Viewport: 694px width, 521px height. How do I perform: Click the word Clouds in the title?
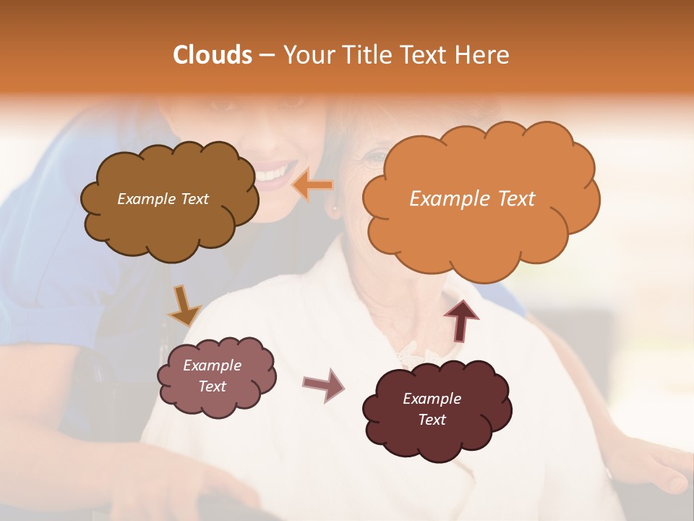point(213,55)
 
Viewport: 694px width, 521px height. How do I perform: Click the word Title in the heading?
point(364,55)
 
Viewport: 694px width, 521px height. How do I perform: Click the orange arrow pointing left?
point(312,186)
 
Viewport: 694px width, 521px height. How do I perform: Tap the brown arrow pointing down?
point(184,305)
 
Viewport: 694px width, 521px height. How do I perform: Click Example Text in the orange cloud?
point(472,199)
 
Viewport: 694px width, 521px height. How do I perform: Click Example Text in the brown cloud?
point(163,199)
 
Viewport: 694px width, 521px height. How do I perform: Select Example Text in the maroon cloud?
point(432,409)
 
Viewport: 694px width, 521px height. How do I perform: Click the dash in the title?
point(266,56)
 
